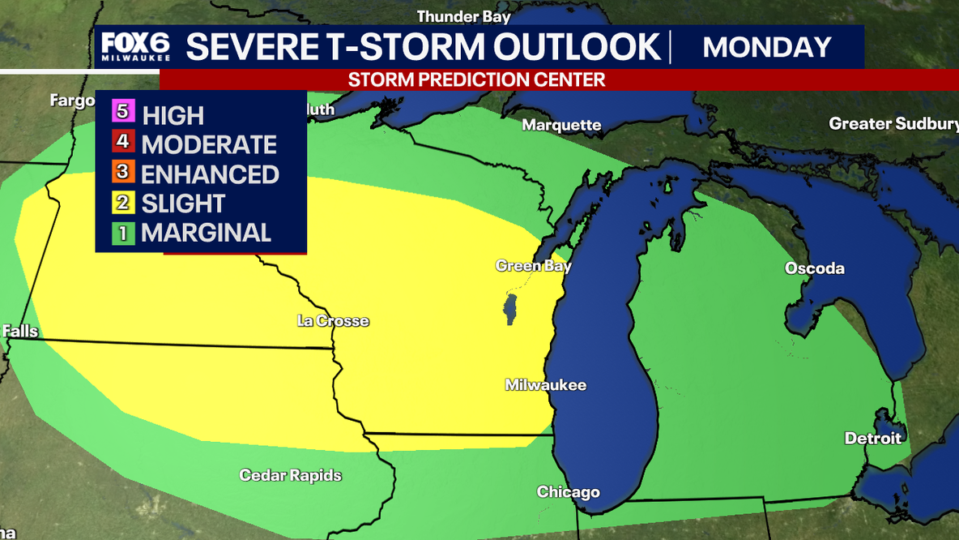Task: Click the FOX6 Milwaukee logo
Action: click(135, 47)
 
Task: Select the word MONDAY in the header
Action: click(766, 47)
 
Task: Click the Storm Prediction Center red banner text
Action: click(476, 79)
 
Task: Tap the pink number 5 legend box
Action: click(123, 114)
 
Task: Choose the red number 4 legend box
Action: click(123, 144)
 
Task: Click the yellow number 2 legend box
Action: click(123, 203)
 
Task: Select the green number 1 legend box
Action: click(123, 233)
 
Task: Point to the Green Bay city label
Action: click(533, 266)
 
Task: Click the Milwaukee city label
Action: click(545, 385)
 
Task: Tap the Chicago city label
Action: click(568, 492)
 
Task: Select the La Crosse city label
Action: click(333, 321)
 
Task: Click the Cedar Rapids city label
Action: click(290, 475)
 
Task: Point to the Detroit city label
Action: click(872, 438)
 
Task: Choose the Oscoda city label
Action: click(814, 268)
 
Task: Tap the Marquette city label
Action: click(561, 125)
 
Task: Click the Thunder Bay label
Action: click(463, 16)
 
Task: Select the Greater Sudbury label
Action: click(893, 124)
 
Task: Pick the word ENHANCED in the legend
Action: click(210, 174)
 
